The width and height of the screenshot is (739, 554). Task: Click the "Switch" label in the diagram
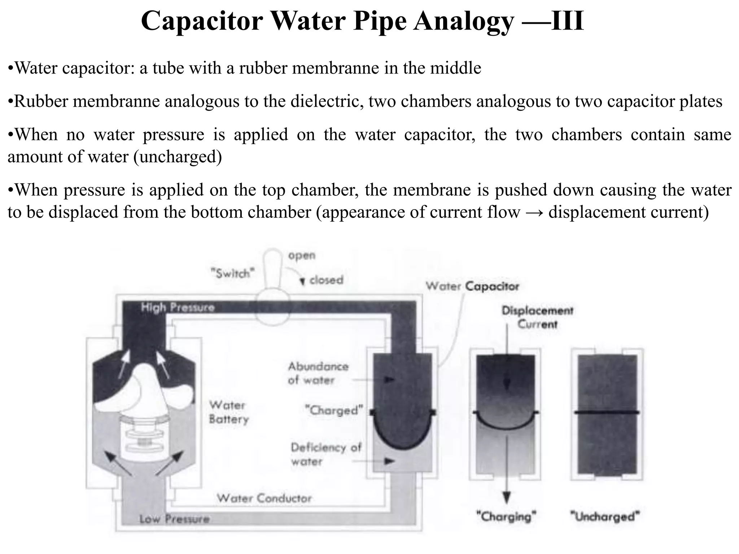point(233,273)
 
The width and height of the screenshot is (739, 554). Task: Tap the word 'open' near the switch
point(302,255)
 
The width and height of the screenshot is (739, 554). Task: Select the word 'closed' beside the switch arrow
point(326,280)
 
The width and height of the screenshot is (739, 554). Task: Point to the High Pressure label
point(178,308)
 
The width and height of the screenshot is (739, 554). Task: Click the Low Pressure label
point(174,519)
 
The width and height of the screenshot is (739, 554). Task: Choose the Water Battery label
point(229,412)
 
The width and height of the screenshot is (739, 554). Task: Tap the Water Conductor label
point(264,498)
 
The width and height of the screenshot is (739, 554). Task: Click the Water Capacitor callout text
point(472,286)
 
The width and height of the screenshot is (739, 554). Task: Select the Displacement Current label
point(537,317)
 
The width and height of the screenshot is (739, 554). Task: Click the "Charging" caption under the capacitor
point(506,516)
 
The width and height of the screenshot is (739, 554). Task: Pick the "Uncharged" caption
point(605,516)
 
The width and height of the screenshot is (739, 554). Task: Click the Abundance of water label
point(318,373)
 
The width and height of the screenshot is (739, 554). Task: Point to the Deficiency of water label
point(325,454)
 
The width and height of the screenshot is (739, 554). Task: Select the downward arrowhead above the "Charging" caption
point(507,498)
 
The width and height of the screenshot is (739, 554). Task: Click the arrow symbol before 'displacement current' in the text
point(534,212)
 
